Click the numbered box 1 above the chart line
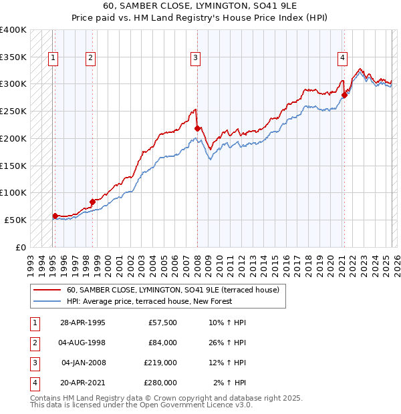click(x=53, y=58)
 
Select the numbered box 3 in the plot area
click(x=196, y=58)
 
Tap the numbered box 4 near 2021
click(x=342, y=58)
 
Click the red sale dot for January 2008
click(x=197, y=128)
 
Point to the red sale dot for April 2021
click(x=344, y=95)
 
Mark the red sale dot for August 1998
click(x=92, y=201)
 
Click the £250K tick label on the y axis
click(x=13, y=111)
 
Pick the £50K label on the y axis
click(x=15, y=220)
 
